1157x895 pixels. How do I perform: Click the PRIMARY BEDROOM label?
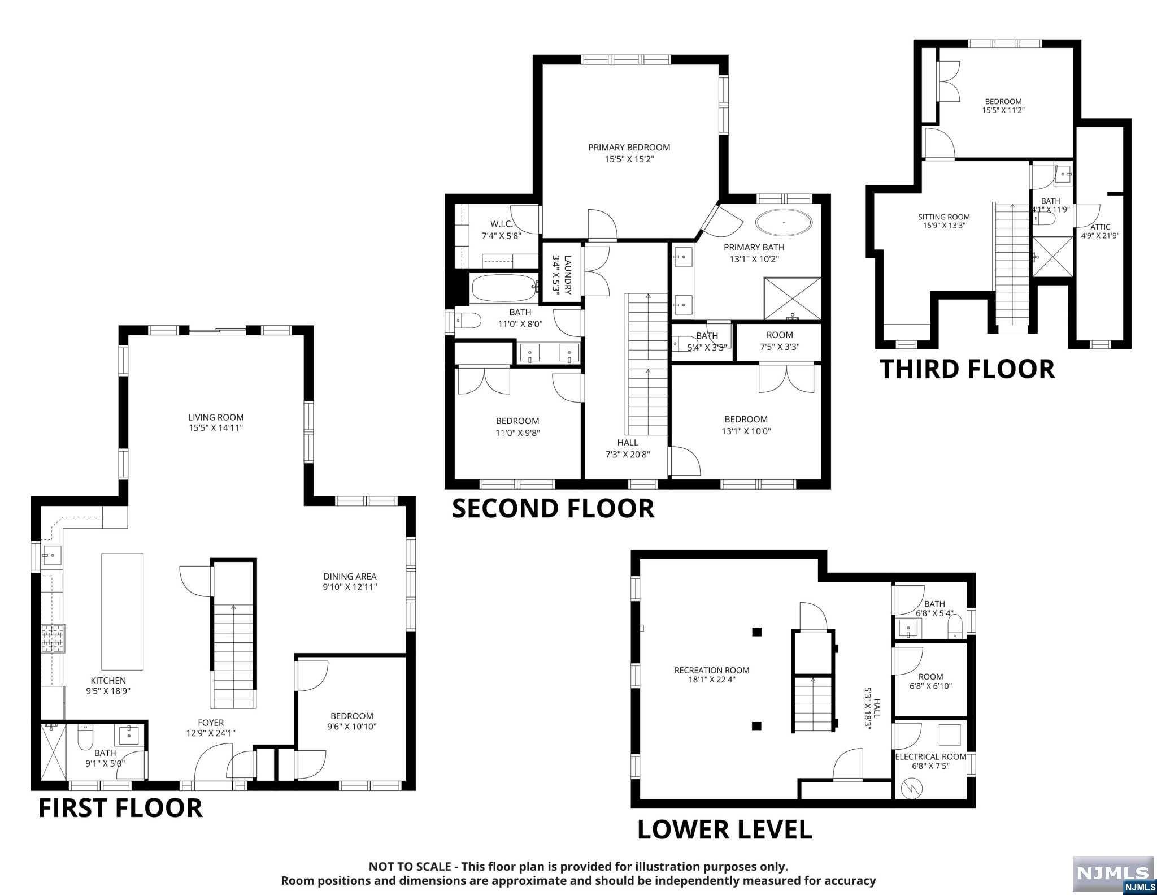pyautogui.click(x=629, y=148)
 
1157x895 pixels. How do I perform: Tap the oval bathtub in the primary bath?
pyautogui.click(x=784, y=222)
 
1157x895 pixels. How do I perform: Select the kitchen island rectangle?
pyautogui.click(x=122, y=611)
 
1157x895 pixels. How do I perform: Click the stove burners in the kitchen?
pyautogui.click(x=53, y=638)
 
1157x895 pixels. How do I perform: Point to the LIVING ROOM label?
pyautogui.click(x=216, y=417)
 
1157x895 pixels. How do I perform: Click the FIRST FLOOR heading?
pyautogui.click(x=120, y=808)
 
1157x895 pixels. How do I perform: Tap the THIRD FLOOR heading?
pyautogui.click(x=967, y=369)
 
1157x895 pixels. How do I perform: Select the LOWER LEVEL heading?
pyautogui.click(x=725, y=829)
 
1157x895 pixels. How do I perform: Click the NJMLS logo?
pyautogui.click(x=1113, y=874)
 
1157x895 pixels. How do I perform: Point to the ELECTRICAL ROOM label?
pyautogui.click(x=930, y=756)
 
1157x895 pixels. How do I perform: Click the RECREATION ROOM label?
pyautogui.click(x=712, y=670)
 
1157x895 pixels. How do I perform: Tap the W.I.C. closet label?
pyautogui.click(x=502, y=224)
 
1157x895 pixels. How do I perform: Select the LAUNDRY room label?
pyautogui.click(x=568, y=275)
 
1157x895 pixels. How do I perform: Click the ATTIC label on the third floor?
pyautogui.click(x=1101, y=227)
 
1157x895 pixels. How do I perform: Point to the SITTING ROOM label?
pyautogui.click(x=944, y=217)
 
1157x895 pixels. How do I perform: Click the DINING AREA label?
pyautogui.click(x=350, y=577)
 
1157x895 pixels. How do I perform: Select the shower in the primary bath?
pyautogui.click(x=792, y=299)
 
